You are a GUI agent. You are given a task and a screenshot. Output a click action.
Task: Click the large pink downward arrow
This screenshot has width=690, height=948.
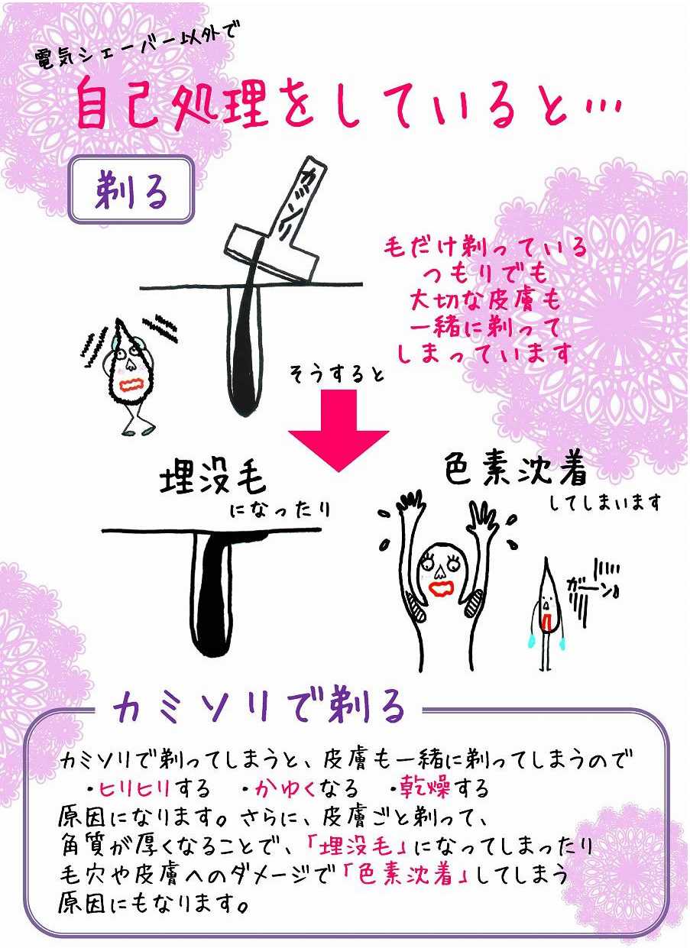pyautogui.click(x=339, y=428)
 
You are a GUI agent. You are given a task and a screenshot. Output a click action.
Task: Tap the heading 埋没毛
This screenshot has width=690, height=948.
pyautogui.click(x=212, y=480)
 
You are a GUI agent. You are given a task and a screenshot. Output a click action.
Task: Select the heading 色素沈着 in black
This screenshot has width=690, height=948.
pyautogui.click(x=517, y=472)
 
